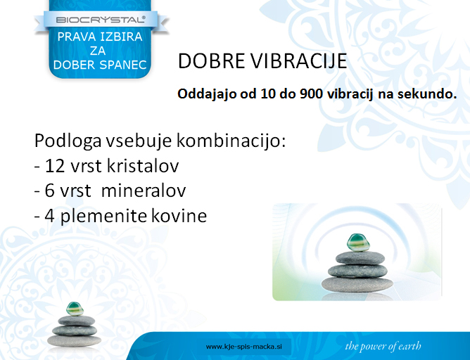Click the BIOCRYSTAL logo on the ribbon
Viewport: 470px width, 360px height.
[101, 20]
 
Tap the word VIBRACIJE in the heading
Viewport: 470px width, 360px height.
[298, 61]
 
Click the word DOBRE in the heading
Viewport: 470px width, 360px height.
[212, 61]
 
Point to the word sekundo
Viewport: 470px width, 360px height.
[427, 94]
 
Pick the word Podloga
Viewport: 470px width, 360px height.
[68, 141]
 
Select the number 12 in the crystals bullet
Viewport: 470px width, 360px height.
[55, 166]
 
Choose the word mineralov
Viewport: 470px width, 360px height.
[144, 191]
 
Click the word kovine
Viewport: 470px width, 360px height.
[179, 216]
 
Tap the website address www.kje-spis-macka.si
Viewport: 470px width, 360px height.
[244, 347]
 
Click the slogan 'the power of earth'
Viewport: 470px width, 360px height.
[383, 346]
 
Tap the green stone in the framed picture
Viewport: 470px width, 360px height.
[358, 243]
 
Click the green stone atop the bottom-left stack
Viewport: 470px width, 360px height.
[75, 309]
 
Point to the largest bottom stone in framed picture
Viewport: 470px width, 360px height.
[357, 285]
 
